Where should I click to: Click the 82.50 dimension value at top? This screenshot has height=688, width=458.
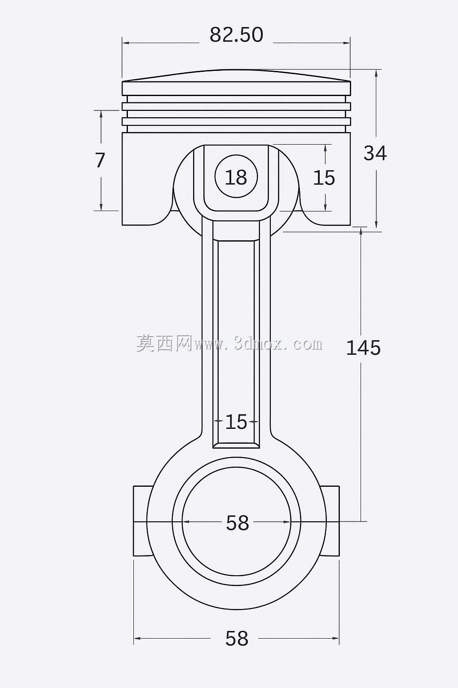tap(236, 35)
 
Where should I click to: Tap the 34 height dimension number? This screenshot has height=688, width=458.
tap(375, 153)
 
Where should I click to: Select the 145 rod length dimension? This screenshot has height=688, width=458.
tap(363, 348)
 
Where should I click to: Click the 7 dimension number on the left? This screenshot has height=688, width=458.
tap(100, 160)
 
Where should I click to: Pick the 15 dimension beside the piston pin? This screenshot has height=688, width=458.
tap(324, 178)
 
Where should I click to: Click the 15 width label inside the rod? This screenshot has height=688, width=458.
tap(236, 422)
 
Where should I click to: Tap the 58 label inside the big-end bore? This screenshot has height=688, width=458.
tap(237, 523)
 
